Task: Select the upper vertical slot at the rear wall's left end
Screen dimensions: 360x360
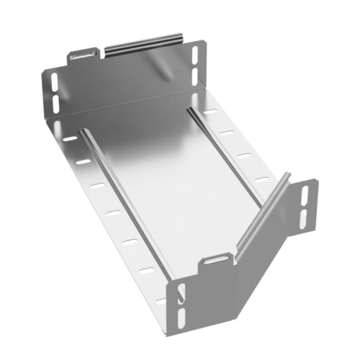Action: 53,79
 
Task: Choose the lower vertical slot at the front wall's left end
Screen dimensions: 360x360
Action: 180,314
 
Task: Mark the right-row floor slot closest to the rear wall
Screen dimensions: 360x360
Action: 210,112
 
